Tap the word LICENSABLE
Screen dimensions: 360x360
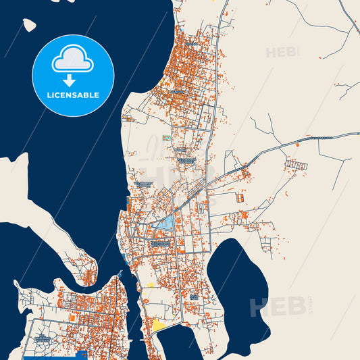73,95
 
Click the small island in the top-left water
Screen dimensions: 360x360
29,25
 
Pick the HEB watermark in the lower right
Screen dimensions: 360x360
276,307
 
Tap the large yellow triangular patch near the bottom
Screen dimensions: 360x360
160,326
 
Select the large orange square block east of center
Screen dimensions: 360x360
239,199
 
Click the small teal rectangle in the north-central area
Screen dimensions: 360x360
180,148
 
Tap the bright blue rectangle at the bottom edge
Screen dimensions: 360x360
82,355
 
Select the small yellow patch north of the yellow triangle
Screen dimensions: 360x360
150,286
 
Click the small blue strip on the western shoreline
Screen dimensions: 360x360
128,203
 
